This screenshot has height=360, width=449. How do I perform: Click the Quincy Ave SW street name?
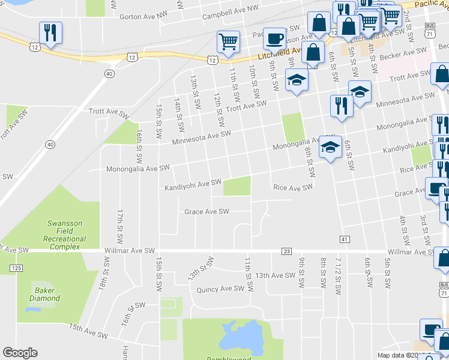pos(220,289)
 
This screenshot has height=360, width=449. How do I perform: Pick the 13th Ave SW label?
pos(275,275)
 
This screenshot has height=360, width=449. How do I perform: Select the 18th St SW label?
pos(106,275)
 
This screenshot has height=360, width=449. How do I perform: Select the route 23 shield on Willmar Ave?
pos(286,251)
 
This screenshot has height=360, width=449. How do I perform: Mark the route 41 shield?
pos(344,239)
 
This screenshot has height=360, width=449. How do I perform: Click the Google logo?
pos(20,353)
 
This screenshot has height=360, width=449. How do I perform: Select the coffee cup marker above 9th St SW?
pos(275,38)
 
